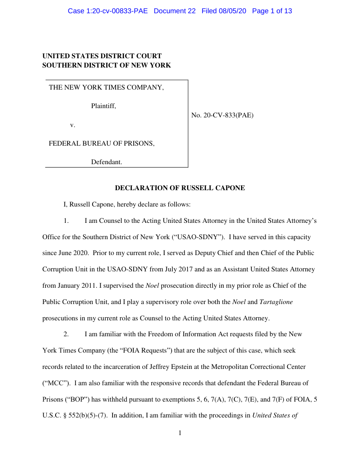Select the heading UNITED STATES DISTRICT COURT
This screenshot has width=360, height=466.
pos(102,56)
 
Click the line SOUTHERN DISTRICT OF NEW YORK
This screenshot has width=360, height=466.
pos(106,65)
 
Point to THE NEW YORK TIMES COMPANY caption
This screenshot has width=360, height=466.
pos(106,87)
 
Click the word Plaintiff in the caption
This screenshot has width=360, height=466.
pos(103,106)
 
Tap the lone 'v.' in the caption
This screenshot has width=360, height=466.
pos(73,125)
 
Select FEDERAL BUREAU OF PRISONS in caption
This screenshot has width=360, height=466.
pos(101,143)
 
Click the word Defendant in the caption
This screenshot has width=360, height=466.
pos(106,162)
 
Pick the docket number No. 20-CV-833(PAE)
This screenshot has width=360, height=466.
pos(222,116)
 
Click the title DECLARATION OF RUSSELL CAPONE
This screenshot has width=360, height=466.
pos(180,188)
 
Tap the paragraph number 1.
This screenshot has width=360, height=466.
pos(66,220)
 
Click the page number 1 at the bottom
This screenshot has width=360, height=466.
pos(180,433)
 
